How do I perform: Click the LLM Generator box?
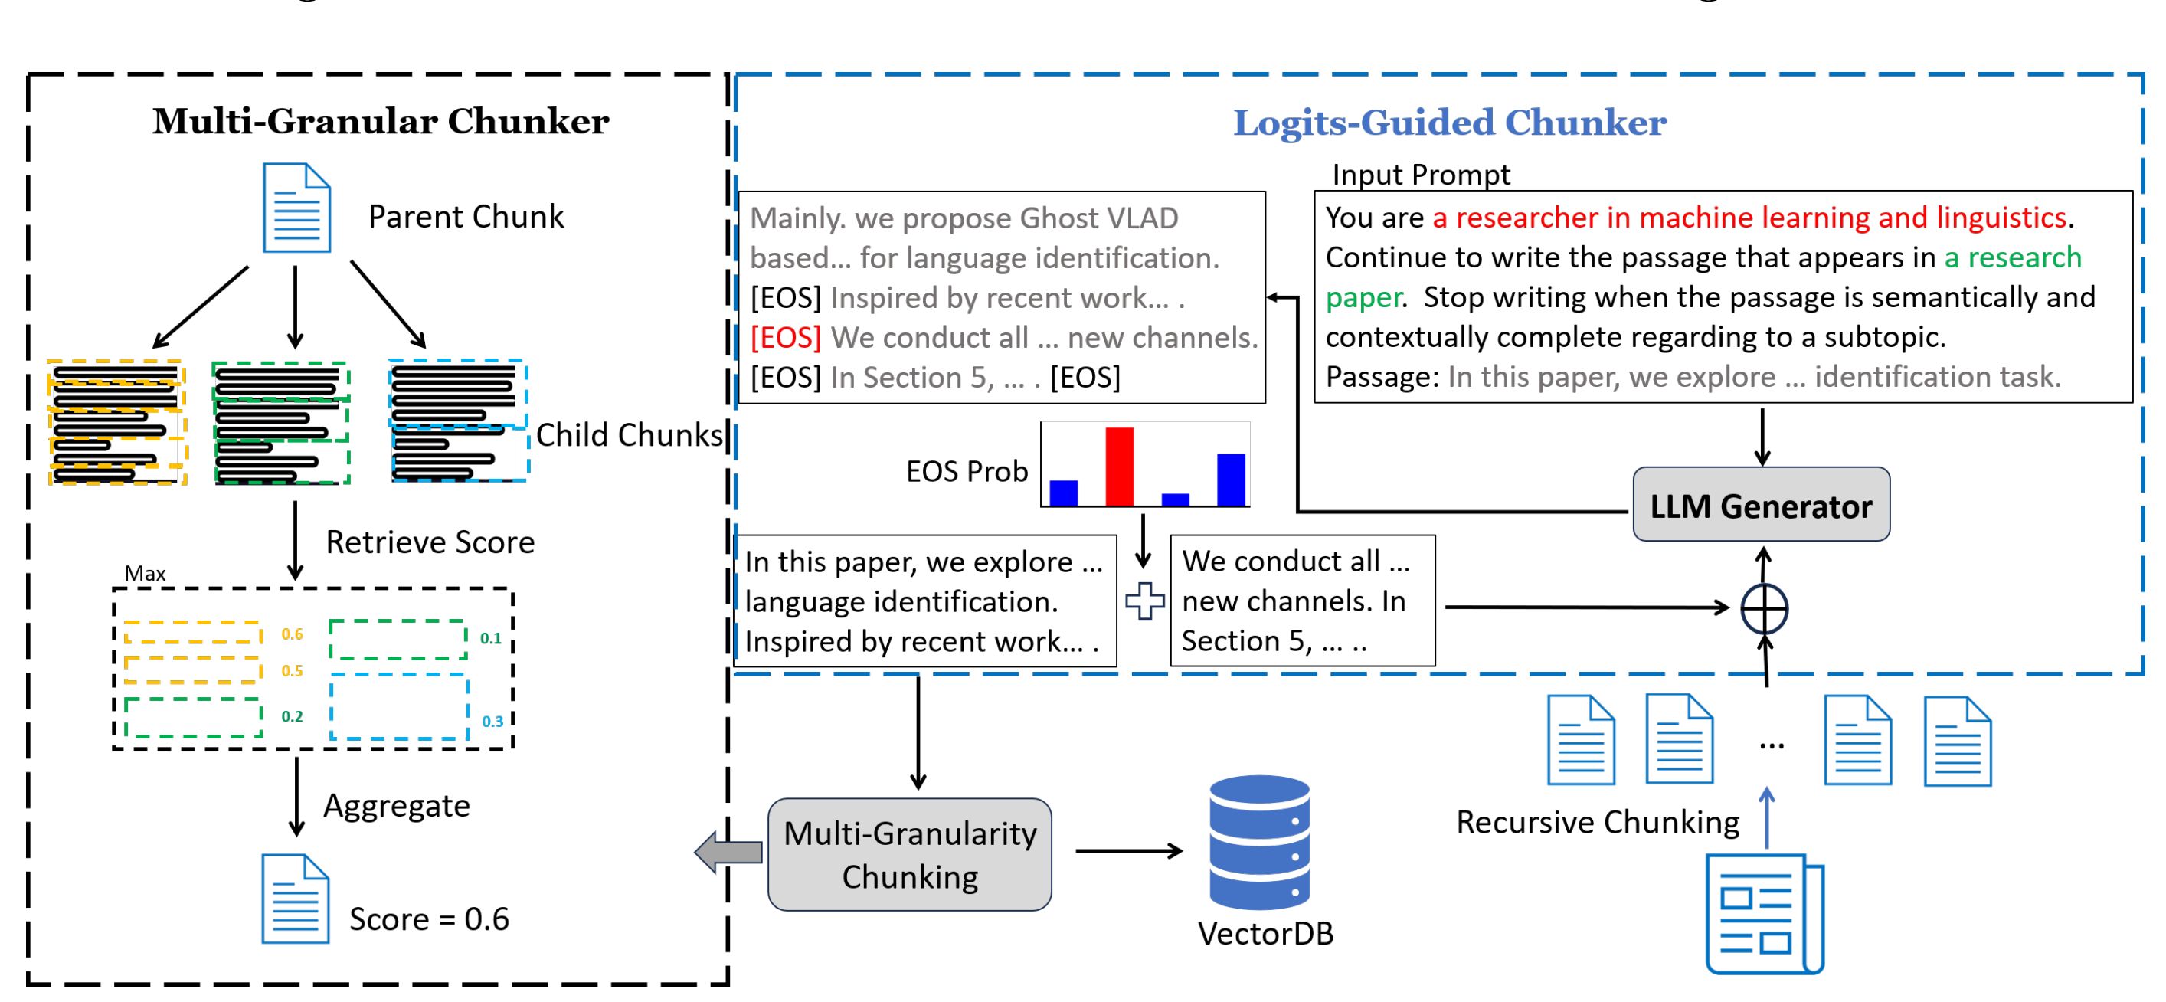tap(1761, 505)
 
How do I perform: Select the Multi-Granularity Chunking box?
tap(910, 854)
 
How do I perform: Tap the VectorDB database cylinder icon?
tap(1258, 841)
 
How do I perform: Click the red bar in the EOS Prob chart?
tap(1119, 467)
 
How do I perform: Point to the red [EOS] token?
tap(785, 337)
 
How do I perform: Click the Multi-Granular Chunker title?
tap(380, 121)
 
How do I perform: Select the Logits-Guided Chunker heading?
tap(1449, 123)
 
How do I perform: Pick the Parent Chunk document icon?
tap(296, 208)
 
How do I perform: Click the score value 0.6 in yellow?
tap(292, 634)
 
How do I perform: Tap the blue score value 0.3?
tap(492, 721)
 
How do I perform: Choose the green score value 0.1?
tap(490, 637)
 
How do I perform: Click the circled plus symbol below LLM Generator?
tap(1764, 608)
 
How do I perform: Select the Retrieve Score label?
tap(430, 542)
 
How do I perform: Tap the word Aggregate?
tap(396, 806)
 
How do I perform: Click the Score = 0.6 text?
tap(429, 918)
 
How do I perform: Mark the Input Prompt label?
tap(1421, 174)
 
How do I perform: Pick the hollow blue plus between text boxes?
tap(1144, 601)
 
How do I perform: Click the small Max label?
tap(145, 573)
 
